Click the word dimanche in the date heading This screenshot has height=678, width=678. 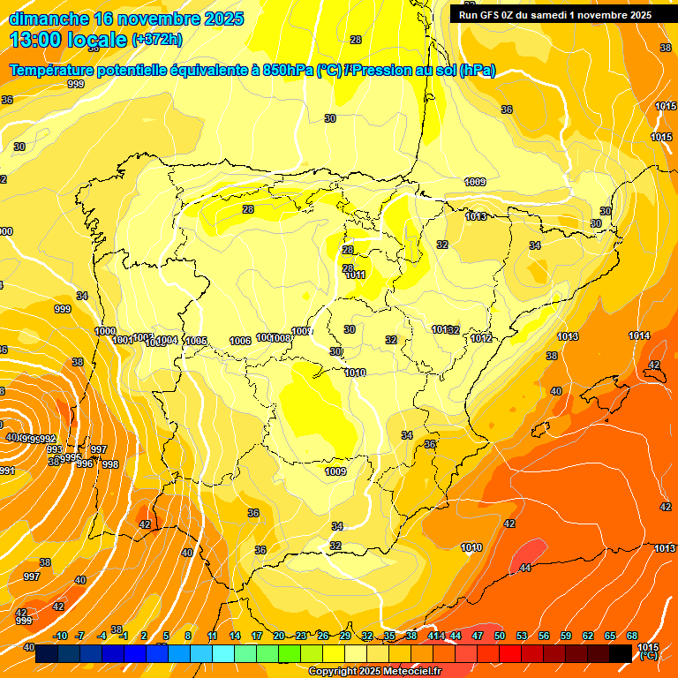[49, 19]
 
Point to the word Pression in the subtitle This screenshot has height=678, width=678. [382, 71]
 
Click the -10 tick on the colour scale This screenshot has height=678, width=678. [60, 636]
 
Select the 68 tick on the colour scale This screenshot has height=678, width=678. [632, 636]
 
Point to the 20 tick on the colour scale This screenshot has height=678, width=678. [279, 636]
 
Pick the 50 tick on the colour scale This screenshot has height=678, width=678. [500, 636]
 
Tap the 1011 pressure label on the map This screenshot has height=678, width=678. [355, 275]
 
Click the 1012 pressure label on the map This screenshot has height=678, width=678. [480, 338]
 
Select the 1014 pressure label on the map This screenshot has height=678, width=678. [639, 335]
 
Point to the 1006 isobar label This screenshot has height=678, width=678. [239, 341]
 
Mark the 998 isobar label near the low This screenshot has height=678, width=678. [110, 464]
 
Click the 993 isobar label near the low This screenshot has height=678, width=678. [55, 449]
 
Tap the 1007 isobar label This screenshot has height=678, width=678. [302, 331]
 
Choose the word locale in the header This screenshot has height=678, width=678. [93, 40]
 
